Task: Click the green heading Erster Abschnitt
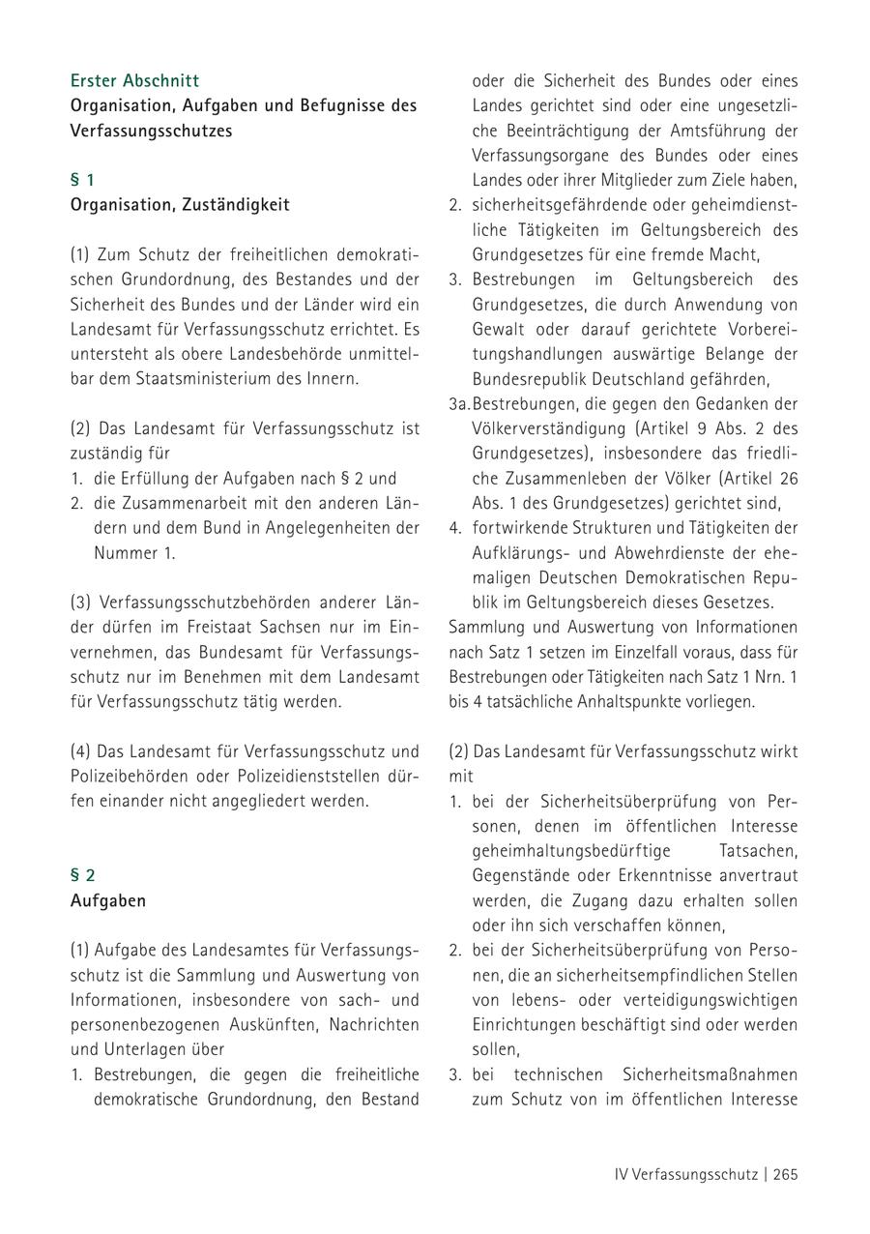(x=134, y=80)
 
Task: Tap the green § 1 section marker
(x=82, y=180)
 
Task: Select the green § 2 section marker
(x=83, y=875)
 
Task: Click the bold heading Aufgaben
(x=108, y=900)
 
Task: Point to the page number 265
(x=785, y=1175)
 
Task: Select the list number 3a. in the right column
(x=459, y=403)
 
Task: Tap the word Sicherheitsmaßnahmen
(x=698, y=1074)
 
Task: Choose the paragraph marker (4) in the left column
(x=81, y=750)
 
